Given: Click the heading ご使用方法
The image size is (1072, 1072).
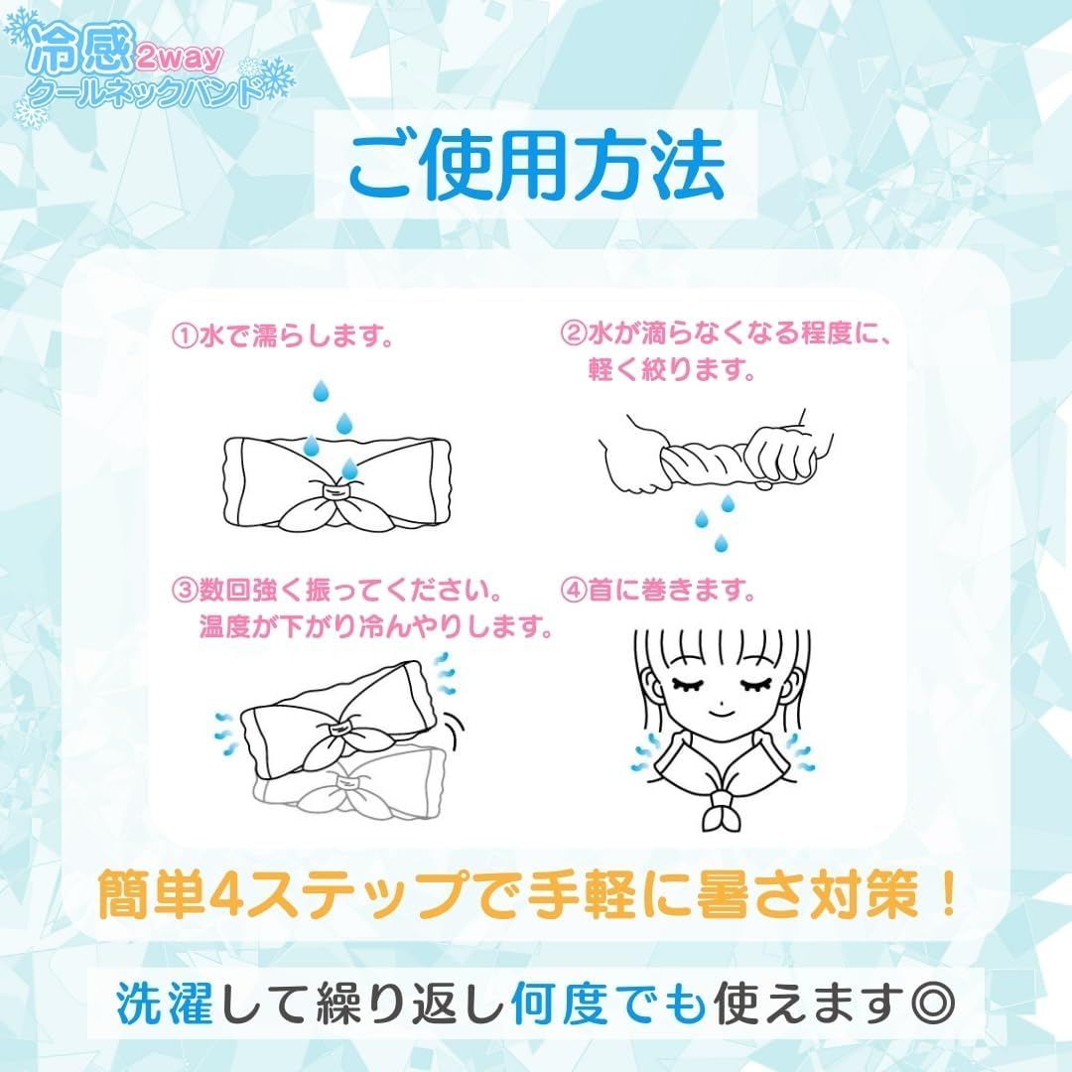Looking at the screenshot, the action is [x=537, y=167].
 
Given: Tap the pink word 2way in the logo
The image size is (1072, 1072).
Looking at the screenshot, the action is [x=179, y=59].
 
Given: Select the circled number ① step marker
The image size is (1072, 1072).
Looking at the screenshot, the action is [x=185, y=336].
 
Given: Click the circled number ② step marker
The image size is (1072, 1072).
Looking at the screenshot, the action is [x=574, y=333].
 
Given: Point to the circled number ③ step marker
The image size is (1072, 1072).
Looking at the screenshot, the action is [x=185, y=590].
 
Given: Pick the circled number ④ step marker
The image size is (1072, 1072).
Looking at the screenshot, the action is [x=574, y=590].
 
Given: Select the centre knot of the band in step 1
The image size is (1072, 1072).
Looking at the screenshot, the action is [x=335, y=490].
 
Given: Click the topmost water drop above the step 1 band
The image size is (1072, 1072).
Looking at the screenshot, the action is [x=321, y=391].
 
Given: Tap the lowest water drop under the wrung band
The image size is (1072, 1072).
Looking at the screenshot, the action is [x=721, y=543].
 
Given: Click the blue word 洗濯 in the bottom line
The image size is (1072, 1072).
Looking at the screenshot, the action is [x=164, y=1003].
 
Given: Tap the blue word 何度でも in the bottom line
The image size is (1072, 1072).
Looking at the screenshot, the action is [x=608, y=1003].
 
